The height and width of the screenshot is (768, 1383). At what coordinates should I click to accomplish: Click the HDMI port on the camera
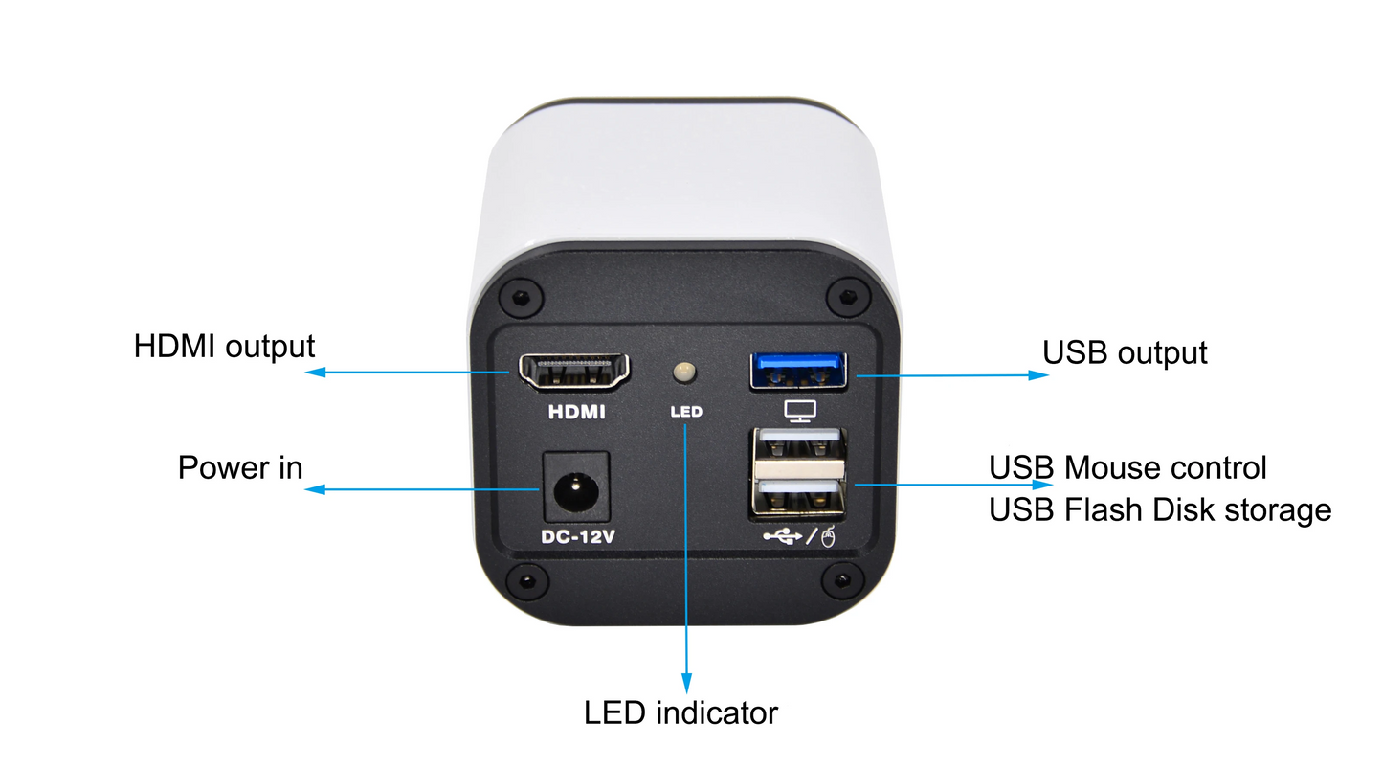click(x=574, y=372)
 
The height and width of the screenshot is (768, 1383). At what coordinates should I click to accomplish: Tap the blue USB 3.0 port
click(x=798, y=371)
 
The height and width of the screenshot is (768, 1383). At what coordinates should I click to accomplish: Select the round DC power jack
click(x=576, y=491)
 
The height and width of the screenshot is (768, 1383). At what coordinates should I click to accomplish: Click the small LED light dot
click(x=684, y=372)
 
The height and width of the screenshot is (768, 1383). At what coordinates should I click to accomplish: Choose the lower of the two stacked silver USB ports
click(x=798, y=498)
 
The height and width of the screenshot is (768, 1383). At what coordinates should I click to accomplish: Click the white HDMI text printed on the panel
click(x=577, y=412)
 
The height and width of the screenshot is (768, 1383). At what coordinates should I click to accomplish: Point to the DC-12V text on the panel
click(x=578, y=537)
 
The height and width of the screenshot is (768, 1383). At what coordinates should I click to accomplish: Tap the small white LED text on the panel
click(x=686, y=412)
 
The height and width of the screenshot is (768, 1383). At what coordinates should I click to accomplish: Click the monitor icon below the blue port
click(x=800, y=411)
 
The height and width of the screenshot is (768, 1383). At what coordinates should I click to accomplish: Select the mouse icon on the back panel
click(x=829, y=536)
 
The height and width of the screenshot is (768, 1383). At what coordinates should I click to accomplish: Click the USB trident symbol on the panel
click(x=783, y=536)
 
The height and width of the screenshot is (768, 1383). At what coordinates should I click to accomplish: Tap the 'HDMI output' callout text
click(x=224, y=346)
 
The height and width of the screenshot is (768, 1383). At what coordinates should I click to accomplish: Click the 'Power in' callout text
click(x=240, y=467)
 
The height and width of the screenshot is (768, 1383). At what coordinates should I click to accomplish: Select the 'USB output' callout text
click(x=1125, y=352)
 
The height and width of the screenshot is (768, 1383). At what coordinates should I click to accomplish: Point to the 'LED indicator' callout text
click(x=680, y=713)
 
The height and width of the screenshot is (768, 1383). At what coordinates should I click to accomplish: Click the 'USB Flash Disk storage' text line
click(x=1160, y=510)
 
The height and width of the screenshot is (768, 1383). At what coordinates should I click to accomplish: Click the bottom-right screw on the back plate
click(x=842, y=580)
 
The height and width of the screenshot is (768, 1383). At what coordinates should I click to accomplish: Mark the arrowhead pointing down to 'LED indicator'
click(x=686, y=684)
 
